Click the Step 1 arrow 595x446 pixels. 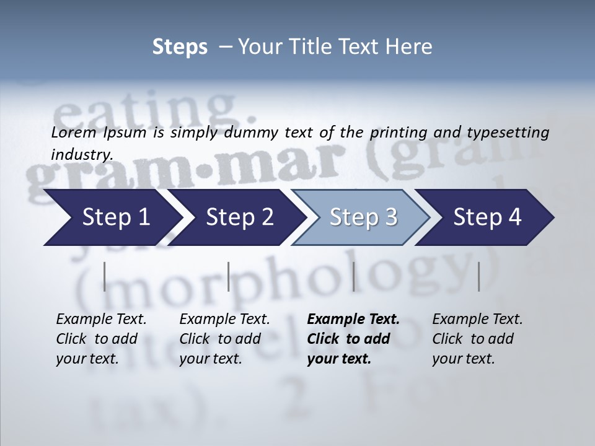112,217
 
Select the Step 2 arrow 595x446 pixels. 239,217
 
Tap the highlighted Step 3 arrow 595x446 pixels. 363,217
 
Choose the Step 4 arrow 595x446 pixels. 487,217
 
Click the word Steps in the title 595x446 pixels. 180,46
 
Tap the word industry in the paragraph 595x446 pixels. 82,154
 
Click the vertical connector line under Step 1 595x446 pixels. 105,276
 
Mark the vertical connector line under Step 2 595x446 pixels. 229,276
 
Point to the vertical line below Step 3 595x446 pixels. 353,276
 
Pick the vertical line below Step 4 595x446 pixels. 478,276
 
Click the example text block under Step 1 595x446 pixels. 101,339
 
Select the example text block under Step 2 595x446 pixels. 224,339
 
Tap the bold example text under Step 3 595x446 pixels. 353,339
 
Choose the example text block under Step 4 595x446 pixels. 477,339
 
